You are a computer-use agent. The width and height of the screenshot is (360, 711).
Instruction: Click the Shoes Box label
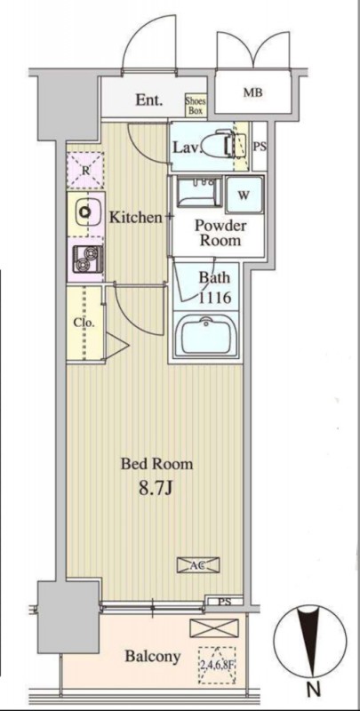tap(196, 105)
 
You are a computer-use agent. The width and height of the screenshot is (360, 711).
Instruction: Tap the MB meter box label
tap(253, 93)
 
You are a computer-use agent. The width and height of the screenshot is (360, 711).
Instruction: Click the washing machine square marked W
tap(244, 195)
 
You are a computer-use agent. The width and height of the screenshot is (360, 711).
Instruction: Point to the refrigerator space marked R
tap(84, 171)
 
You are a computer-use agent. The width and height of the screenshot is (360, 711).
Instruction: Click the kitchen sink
tap(84, 212)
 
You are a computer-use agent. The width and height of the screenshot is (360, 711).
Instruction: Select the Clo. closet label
tap(84, 324)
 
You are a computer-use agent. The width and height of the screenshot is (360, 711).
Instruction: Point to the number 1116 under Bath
tap(214, 298)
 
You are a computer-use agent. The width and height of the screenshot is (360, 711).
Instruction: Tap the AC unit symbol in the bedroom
tap(197, 565)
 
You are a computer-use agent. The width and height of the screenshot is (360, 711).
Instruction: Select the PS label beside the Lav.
tap(260, 147)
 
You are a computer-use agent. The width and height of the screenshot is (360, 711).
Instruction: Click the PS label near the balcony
tap(224, 603)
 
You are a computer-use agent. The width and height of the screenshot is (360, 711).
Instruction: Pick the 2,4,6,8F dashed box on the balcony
tap(217, 665)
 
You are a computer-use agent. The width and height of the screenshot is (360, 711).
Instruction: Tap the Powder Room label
tap(220, 233)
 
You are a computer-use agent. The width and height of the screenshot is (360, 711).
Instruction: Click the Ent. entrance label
tap(149, 100)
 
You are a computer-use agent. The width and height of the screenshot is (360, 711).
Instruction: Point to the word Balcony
tap(153, 656)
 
